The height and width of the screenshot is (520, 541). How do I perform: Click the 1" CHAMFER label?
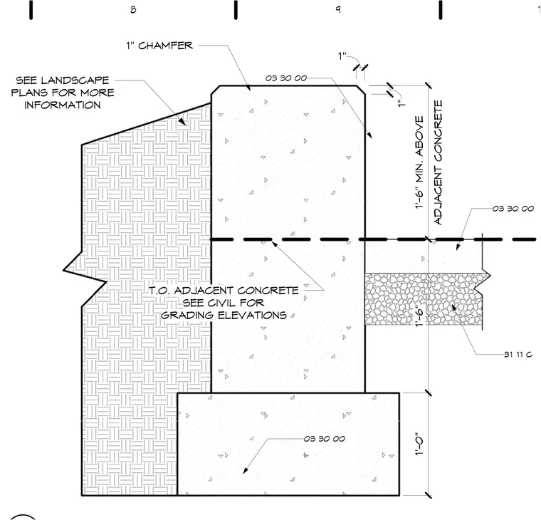[159, 46]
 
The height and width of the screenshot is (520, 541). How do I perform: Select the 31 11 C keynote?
[518, 354]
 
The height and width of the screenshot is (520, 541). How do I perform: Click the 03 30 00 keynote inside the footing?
[325, 439]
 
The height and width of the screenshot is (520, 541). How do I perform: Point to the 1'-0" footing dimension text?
[419, 444]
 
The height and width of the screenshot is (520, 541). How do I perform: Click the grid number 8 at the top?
[133, 10]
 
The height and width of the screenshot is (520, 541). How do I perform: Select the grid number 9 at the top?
[338, 9]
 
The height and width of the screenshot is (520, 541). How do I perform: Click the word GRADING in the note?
[187, 316]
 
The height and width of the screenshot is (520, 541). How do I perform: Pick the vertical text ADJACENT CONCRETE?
[438, 162]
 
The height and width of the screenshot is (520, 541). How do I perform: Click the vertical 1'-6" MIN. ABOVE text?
[419, 162]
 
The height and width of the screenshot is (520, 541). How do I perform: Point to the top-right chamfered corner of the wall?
[361, 90]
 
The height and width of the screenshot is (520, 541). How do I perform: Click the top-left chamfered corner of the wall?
[216, 90]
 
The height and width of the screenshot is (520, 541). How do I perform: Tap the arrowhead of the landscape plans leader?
[182, 122]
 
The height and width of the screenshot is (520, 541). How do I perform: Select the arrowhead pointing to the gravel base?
[453, 306]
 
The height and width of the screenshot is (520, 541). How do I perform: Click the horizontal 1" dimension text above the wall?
[342, 56]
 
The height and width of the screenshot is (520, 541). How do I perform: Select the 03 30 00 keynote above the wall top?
[286, 78]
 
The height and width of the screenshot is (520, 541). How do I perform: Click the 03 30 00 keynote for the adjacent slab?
[513, 209]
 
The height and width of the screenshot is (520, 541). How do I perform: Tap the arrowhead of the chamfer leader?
[248, 88]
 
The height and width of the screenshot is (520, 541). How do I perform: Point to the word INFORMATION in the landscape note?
[63, 105]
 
